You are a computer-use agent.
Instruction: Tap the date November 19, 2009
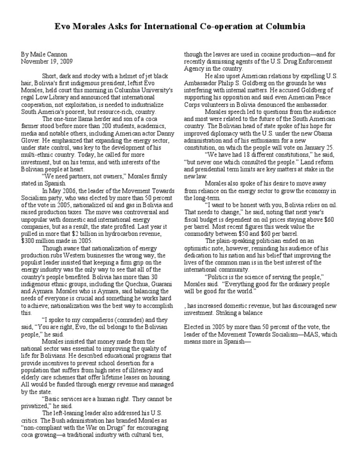47,61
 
